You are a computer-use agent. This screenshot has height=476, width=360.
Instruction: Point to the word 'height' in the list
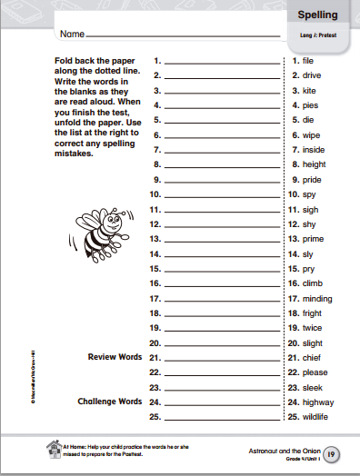point(315,164)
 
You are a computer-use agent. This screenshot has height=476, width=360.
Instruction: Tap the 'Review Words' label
point(115,357)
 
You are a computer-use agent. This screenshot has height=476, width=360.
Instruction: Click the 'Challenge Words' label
point(109,402)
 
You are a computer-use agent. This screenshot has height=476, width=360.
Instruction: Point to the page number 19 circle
point(333,452)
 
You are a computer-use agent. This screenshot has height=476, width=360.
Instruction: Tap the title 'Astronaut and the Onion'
point(285,449)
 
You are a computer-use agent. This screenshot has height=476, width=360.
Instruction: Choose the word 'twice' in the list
point(314,327)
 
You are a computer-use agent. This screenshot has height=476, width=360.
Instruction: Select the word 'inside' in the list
point(315,149)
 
